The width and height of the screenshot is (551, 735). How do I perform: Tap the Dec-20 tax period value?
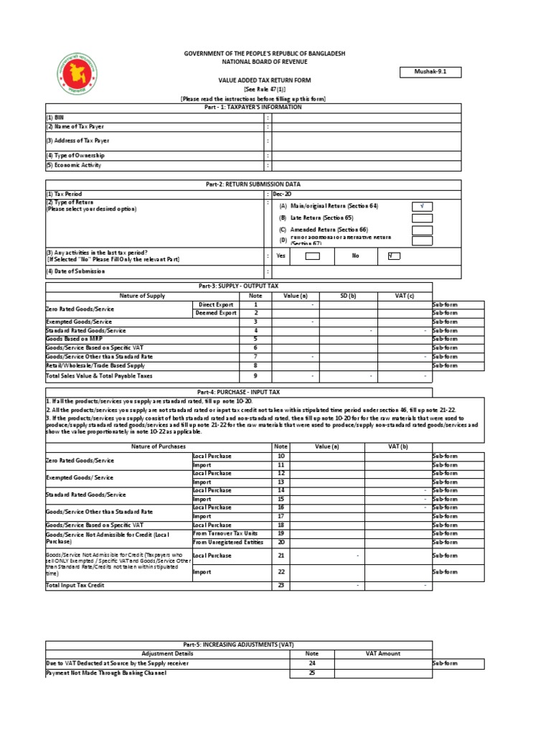pos(282,194)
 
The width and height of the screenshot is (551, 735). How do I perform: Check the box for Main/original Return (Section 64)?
pos(422,205)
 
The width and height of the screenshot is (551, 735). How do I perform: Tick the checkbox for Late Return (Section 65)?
pos(422,217)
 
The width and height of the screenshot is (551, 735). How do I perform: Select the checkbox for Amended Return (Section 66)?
pos(422,230)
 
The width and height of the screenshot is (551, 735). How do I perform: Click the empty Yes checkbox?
pos(312,255)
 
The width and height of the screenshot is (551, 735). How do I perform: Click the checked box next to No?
pos(393,255)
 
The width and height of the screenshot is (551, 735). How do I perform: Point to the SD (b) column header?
pos(347,296)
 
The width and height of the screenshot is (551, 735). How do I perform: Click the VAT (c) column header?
pos(404,296)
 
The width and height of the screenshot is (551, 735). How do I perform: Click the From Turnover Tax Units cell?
pos(225,533)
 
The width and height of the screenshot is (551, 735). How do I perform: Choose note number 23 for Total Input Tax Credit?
pos(281,585)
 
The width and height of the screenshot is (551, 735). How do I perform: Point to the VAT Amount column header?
pos(382,654)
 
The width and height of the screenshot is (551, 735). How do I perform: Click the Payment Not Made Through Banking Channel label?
pos(105,673)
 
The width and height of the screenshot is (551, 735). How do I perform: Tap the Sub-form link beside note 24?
pos(444,664)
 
